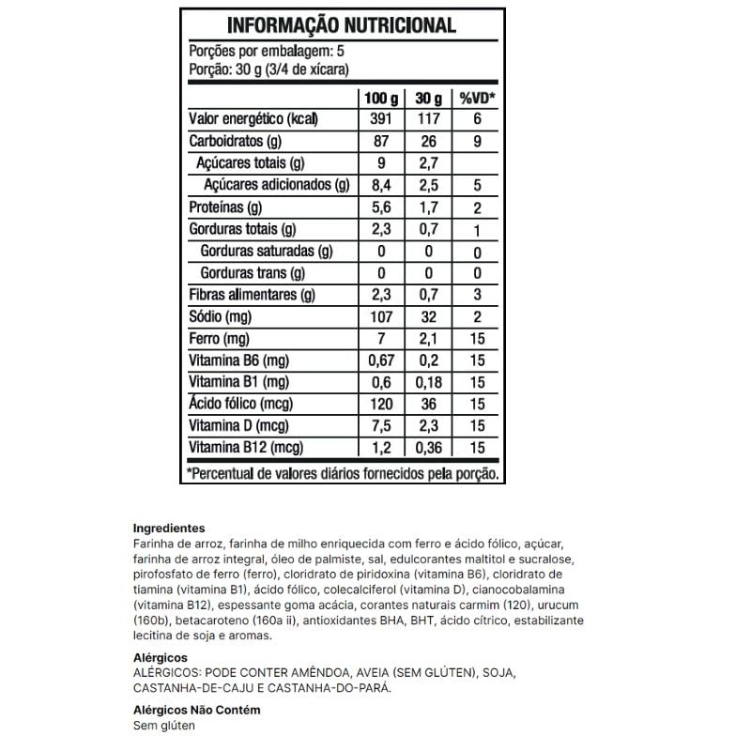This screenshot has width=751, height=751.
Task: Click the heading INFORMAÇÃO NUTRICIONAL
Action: click(x=342, y=25)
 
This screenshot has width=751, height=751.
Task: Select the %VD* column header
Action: click(x=477, y=98)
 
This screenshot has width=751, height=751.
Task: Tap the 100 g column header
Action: click(x=382, y=98)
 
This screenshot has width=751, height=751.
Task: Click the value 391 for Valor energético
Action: click(x=382, y=120)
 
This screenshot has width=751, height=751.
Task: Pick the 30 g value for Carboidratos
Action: click(x=428, y=142)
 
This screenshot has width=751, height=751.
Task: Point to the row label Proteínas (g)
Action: click(x=225, y=207)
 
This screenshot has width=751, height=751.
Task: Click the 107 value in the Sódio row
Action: click(x=382, y=316)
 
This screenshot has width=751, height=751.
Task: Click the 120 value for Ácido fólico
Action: click(x=382, y=404)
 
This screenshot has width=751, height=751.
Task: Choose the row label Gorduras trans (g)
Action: click(x=253, y=273)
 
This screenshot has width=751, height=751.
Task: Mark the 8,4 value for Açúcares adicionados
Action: click(x=382, y=186)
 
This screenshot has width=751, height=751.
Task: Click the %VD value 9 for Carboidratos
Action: click(x=477, y=142)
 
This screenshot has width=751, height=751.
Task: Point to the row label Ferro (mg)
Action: click(x=220, y=338)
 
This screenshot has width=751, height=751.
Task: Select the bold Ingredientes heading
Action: click(x=169, y=529)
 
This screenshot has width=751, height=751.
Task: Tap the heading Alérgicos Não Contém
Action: click(x=196, y=710)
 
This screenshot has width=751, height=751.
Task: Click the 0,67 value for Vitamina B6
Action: click(x=382, y=360)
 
